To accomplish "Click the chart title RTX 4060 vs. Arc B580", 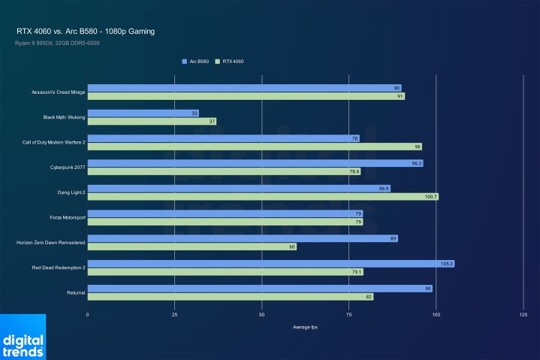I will (86, 32).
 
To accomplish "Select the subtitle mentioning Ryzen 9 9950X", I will (57, 43).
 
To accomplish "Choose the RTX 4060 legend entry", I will (229, 61).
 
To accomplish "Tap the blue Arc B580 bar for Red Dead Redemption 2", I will (270, 264).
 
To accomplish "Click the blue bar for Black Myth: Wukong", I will (143, 113).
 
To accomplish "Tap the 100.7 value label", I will (431, 196).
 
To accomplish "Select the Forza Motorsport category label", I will (65, 217).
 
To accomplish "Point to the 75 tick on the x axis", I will (348, 314).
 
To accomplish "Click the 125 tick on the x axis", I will (523, 314).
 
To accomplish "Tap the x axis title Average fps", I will (305, 327).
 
